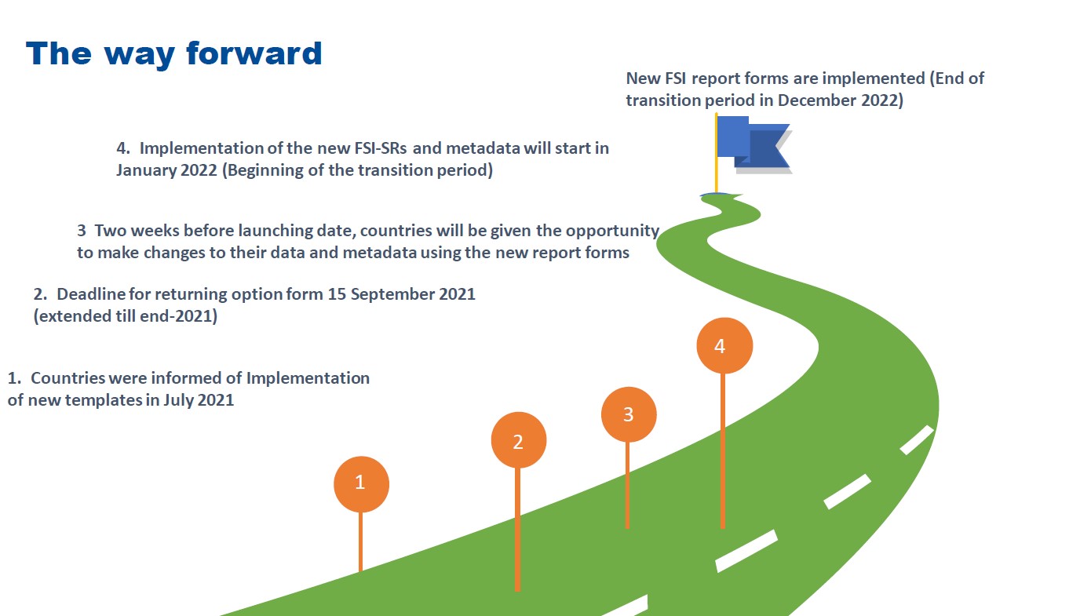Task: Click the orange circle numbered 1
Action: pyautogui.click(x=361, y=484)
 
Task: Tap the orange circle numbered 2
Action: pyautogui.click(x=518, y=439)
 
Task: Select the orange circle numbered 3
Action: pyautogui.click(x=628, y=414)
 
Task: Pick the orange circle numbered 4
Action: pyautogui.click(x=724, y=345)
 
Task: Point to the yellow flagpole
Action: pyautogui.click(x=716, y=153)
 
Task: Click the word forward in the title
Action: pyautogui.click(x=254, y=53)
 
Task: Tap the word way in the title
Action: pyautogui.click(x=139, y=56)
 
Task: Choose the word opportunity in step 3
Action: pyautogui.click(x=612, y=231)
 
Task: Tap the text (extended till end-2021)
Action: pyautogui.click(x=126, y=316)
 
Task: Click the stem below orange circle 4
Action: pyautogui.click(x=722, y=450)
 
